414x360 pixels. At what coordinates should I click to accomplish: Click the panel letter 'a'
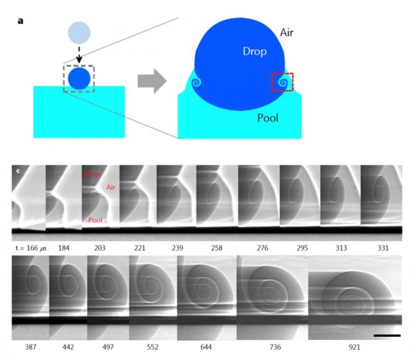[x=21, y=21]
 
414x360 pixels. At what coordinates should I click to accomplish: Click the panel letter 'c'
[x=18, y=172]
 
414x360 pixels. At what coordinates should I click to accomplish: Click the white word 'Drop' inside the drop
[x=254, y=52]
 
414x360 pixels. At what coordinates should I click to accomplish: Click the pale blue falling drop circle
[x=79, y=32]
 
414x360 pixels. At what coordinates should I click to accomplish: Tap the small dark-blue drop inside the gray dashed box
[x=79, y=78]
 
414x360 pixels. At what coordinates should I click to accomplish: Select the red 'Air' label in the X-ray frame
[x=111, y=188]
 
